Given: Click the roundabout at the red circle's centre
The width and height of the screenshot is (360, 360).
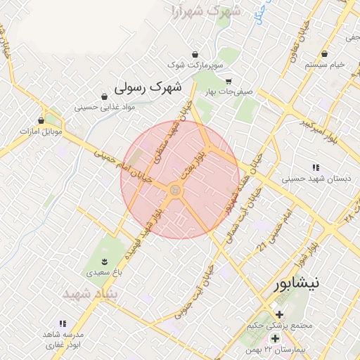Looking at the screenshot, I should (175, 191).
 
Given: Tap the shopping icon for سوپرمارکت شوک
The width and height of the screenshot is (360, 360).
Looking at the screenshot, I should (195, 54).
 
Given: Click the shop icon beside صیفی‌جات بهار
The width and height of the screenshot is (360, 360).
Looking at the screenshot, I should (228, 81).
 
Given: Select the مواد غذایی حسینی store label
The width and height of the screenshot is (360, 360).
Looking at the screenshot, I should (98, 108).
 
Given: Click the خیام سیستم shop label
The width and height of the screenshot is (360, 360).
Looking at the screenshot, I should (325, 64).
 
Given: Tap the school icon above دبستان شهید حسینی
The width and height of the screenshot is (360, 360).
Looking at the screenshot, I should (316, 167).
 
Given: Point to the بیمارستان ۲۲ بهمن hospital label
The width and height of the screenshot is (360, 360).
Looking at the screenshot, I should (269, 349).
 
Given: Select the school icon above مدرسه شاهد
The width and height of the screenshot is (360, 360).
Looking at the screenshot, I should (63, 323).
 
